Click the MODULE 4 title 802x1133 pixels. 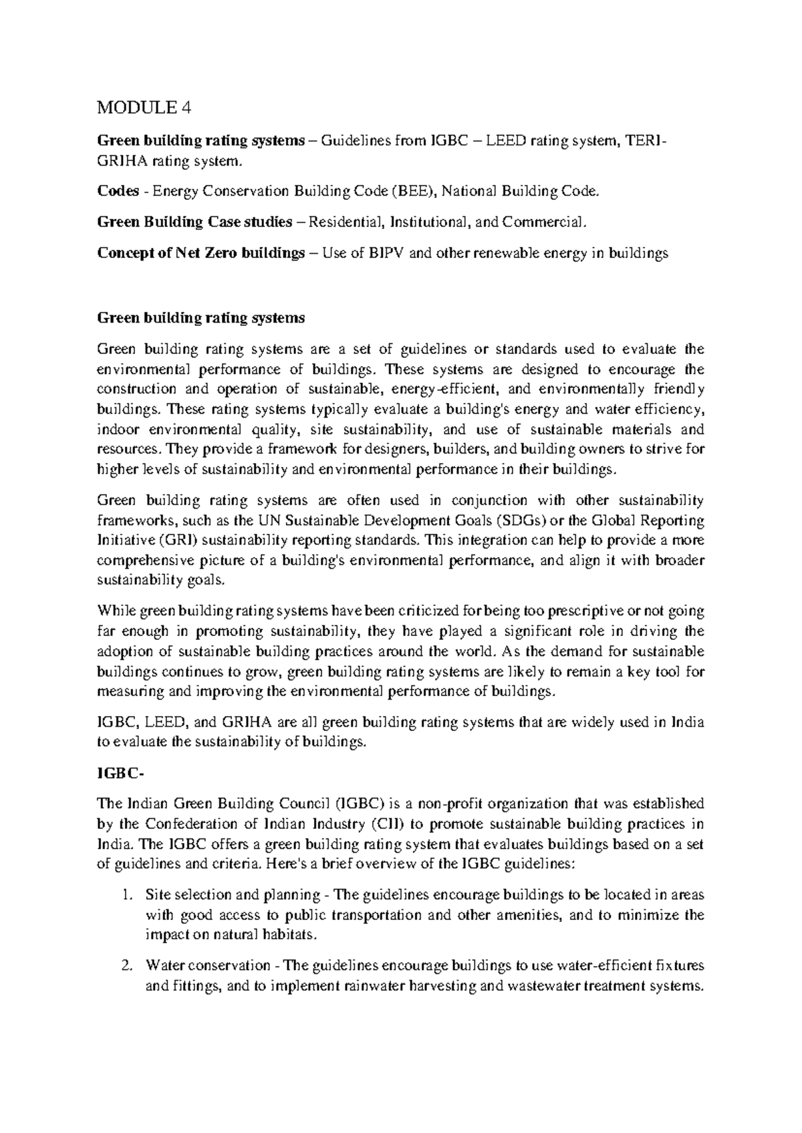coord(144,108)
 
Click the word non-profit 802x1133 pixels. coord(466,804)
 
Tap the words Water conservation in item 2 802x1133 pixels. coord(208,965)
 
